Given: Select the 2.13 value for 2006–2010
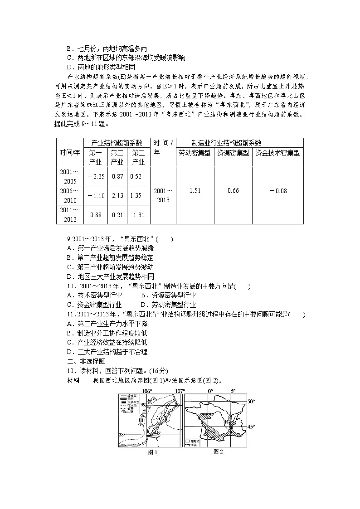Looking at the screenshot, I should coord(117,195).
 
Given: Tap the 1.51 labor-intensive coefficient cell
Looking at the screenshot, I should coord(195,190).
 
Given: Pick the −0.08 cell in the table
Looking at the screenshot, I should coord(278,191).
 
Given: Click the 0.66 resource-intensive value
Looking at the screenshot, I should coord(233,190).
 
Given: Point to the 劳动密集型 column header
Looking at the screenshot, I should coord(195,153).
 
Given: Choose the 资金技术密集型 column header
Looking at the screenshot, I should coord(277,153).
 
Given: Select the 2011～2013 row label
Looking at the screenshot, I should coord(70,214).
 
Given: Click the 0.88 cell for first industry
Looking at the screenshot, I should coord(96,215).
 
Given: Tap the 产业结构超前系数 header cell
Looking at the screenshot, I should coord(117,143).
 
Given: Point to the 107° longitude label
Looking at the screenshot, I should coord(180,391).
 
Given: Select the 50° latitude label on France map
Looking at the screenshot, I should coord(251,401).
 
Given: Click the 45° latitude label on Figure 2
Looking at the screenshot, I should coord(251,427).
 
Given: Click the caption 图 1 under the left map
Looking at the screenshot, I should coord(152,452).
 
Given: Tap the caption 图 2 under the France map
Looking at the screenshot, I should coord(218,451).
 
